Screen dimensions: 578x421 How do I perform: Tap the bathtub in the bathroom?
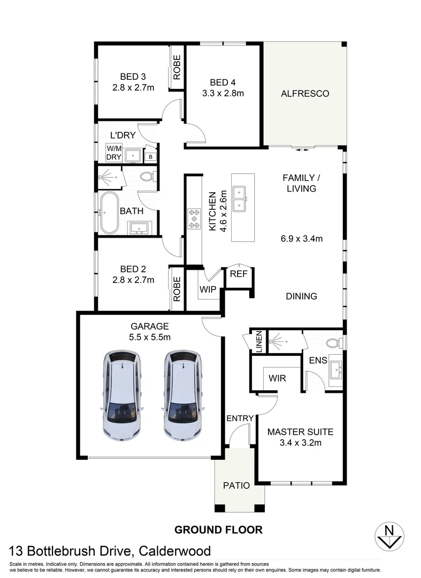pyautogui.click(x=109, y=212)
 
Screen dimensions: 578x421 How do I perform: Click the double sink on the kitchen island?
pyautogui.click(x=242, y=199)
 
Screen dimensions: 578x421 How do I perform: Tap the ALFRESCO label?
pyautogui.click(x=305, y=94)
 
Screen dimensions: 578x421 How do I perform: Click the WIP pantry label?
pyautogui.click(x=208, y=290)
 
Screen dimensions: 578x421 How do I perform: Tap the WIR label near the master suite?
pyautogui.click(x=277, y=378)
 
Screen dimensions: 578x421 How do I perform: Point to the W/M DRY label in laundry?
pyautogui.click(x=114, y=153)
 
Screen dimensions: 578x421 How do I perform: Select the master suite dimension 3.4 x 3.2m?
pyautogui.click(x=300, y=443)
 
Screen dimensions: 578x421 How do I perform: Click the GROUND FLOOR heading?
pyautogui.click(x=218, y=530)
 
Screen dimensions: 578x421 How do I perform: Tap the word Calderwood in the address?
pyautogui.click(x=175, y=551)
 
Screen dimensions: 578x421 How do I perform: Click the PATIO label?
pyautogui.click(x=236, y=486)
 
